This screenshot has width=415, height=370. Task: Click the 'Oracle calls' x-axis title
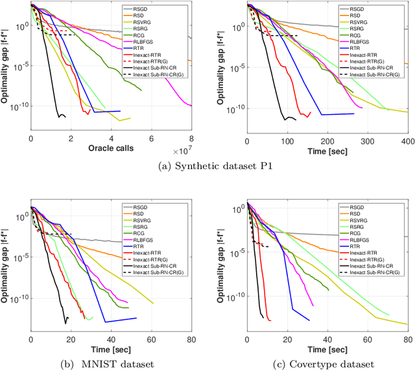(x=111, y=150)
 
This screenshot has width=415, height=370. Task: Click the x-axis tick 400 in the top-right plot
(x=407, y=141)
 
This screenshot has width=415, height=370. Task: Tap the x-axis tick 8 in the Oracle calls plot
(x=191, y=141)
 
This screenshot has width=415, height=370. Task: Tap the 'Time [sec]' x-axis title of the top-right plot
(x=327, y=150)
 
